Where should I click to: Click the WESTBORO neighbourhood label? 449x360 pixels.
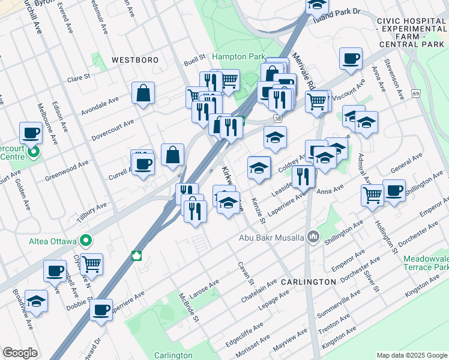tap(134, 60)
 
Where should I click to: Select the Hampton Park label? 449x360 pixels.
tap(238, 56)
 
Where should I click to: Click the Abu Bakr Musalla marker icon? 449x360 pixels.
tap(312, 236)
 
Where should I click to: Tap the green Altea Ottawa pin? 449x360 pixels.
tap(86, 241)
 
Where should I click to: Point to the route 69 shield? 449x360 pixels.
tap(415, 94)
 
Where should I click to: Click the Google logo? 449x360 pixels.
tap(20, 353)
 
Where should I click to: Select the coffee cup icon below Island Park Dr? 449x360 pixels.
tap(351, 59)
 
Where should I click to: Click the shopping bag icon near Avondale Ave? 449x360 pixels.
tap(143, 93)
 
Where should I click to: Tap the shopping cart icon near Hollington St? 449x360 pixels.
tap(372, 194)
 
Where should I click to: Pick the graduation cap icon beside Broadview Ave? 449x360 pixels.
tap(37, 301)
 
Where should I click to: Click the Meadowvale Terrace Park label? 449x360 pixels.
tap(426, 262)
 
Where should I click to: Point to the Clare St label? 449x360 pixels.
tap(78, 77)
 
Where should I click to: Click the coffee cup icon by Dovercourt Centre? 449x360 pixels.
tap(30, 133)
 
